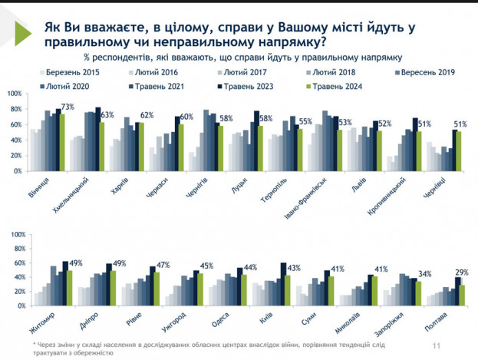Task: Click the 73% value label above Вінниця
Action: [68, 107]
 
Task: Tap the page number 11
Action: [437, 346]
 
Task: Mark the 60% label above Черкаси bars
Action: [185, 117]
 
